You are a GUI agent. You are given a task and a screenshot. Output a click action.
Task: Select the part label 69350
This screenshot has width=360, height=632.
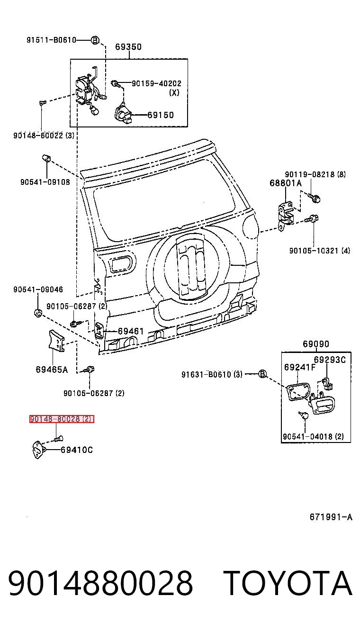click(128, 47)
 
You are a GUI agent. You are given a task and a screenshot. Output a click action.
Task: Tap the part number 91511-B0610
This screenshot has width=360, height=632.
click(51, 40)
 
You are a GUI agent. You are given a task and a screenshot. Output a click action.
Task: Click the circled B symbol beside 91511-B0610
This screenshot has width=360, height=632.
click(95, 40)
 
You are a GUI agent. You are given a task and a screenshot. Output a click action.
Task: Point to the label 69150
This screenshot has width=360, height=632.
click(161, 115)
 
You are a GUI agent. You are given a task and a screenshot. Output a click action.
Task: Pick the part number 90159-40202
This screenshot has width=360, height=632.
click(157, 83)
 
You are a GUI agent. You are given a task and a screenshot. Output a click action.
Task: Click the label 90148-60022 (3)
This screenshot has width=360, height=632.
click(44, 135)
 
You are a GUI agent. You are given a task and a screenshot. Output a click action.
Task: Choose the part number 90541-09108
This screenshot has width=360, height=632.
click(45, 182)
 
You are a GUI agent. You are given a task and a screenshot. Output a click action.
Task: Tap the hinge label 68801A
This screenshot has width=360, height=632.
click(286, 183)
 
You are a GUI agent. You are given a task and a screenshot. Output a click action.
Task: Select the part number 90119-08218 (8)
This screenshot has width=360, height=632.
click(315, 174)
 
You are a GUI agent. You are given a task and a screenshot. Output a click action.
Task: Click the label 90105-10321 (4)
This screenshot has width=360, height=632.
click(320, 251)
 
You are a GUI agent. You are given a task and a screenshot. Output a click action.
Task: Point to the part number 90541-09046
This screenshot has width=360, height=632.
click(38, 289)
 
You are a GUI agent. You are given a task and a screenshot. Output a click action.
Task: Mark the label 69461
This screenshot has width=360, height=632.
click(131, 331)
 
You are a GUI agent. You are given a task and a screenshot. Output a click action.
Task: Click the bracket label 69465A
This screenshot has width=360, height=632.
click(52, 370)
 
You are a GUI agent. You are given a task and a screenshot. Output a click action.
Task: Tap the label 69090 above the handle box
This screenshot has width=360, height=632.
click(316, 344)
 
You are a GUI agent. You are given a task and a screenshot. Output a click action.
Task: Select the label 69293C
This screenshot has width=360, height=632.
click(330, 360)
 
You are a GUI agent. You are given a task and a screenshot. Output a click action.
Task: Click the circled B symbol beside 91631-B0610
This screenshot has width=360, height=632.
click(262, 374)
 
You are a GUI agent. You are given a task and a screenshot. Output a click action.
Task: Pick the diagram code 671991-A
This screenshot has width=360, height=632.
click(331, 517)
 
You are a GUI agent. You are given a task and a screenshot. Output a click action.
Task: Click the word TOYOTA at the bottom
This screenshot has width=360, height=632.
click(288, 583)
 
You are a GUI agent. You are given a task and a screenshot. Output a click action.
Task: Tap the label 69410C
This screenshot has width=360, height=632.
click(77, 450)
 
